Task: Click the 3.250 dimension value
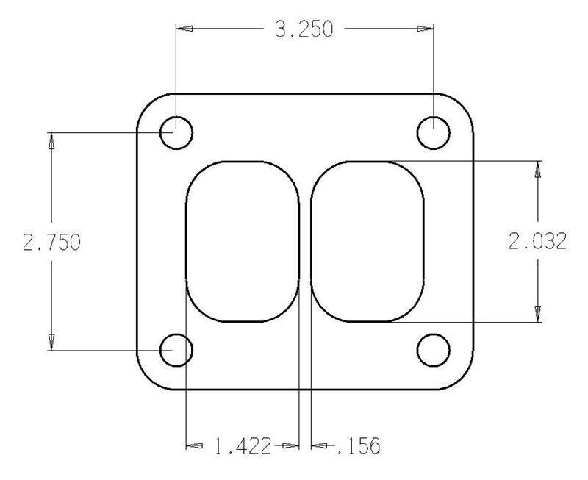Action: (x=304, y=29)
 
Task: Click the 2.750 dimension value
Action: (x=51, y=242)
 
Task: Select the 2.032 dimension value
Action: (x=538, y=242)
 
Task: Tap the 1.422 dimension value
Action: (x=243, y=445)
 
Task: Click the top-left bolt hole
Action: (x=176, y=134)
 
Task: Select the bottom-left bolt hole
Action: (x=176, y=350)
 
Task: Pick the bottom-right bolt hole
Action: (x=434, y=350)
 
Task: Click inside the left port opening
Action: (x=243, y=242)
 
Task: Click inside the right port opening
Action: (x=367, y=242)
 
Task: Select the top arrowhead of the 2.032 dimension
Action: (x=538, y=170)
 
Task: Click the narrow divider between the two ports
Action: (x=305, y=242)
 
